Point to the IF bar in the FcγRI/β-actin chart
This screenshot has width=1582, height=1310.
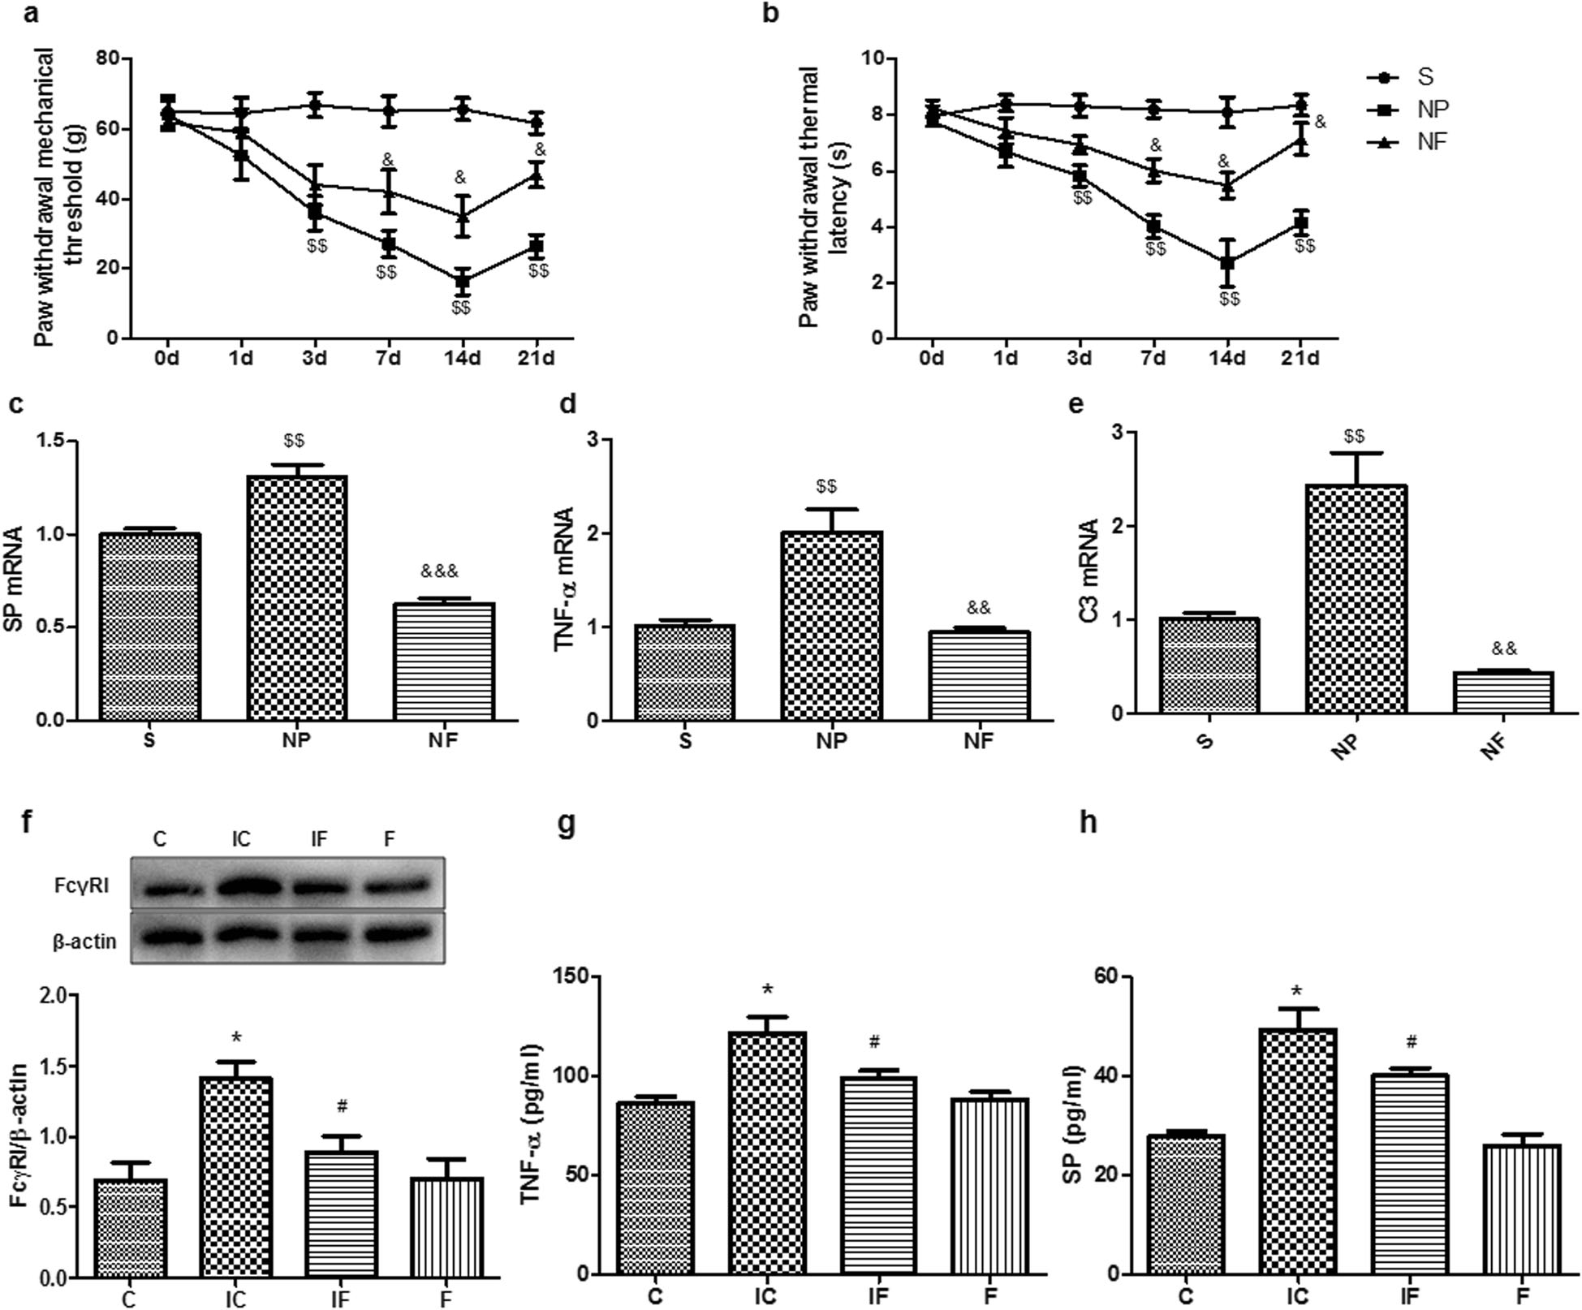pyautogui.click(x=341, y=1213)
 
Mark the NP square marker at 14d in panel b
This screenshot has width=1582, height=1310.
pyautogui.click(x=1227, y=263)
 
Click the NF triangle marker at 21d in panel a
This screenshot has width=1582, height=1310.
pyautogui.click(x=536, y=175)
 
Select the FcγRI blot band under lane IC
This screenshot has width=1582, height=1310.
pyautogui.click(x=241, y=886)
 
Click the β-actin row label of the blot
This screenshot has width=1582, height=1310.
pyautogui.click(x=84, y=941)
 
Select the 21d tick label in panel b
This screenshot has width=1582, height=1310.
pyautogui.click(x=1300, y=359)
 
